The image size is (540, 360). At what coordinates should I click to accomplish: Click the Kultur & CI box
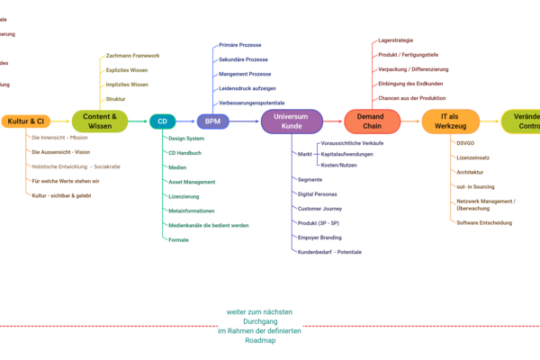[26, 121]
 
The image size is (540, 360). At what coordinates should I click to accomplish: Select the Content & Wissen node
[99, 121]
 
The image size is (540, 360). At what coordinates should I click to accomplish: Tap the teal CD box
[162, 121]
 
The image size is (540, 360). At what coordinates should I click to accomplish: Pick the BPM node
[212, 121]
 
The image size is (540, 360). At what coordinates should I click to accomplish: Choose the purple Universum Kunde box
[292, 121]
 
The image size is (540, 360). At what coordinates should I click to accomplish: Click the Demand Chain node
[372, 121]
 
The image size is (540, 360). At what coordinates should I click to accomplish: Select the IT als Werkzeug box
[450, 121]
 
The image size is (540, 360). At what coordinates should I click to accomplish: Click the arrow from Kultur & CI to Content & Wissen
[61, 121]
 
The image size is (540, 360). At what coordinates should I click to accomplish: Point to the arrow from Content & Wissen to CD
[139, 121]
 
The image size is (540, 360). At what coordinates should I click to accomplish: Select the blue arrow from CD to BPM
[186, 121]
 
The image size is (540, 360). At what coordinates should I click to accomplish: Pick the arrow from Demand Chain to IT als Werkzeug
[410, 121]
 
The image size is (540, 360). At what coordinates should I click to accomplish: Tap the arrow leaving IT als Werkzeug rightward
[490, 121]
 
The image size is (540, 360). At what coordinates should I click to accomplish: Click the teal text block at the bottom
[259, 326]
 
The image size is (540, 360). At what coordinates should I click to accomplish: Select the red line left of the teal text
[108, 326]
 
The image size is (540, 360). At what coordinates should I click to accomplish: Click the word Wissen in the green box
[99, 127]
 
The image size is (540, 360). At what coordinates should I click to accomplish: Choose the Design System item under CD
[186, 139]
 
